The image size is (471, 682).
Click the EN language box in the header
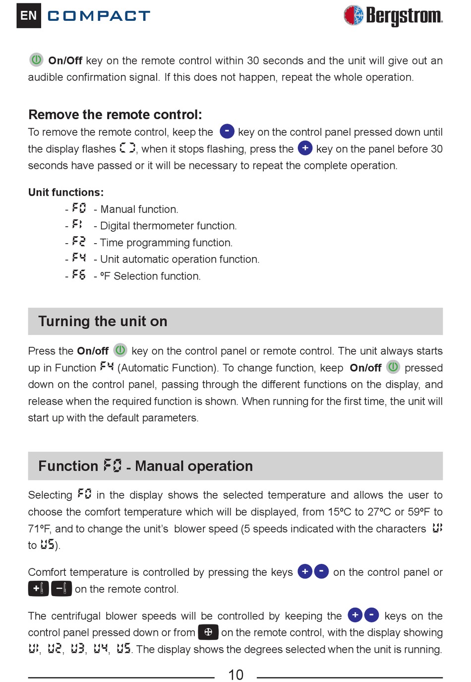pyautogui.click(x=29, y=15)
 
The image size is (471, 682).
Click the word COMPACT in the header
pyautogui.click(x=99, y=16)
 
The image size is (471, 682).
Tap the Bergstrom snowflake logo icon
pyautogui.click(x=353, y=15)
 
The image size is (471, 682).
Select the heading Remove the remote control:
pyautogui.click(x=115, y=115)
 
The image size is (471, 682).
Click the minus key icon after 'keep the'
pyautogui.click(x=227, y=131)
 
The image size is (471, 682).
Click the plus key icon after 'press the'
pyautogui.click(x=305, y=148)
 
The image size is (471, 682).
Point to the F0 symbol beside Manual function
pyautogui.click(x=79, y=208)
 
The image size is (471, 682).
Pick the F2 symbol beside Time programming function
pyautogui.click(x=79, y=242)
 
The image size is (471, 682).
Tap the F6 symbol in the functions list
pyautogui.click(x=79, y=275)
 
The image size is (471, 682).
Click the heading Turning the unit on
pyautogui.click(x=103, y=321)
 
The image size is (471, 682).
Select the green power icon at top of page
pyautogui.click(x=36, y=60)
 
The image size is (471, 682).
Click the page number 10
pyautogui.click(x=235, y=675)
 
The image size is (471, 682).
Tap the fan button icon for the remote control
pyautogui.click(x=208, y=632)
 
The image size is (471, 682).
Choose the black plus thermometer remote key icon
pyautogui.click(x=39, y=589)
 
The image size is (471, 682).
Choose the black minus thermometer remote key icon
pyautogui.click(x=61, y=589)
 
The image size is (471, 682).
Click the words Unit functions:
pyautogui.click(x=66, y=192)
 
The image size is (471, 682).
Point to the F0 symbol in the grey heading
pyautogui.click(x=113, y=466)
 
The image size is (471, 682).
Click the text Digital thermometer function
pyautogui.click(x=169, y=226)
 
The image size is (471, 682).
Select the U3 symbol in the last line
pyautogui.click(x=78, y=649)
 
